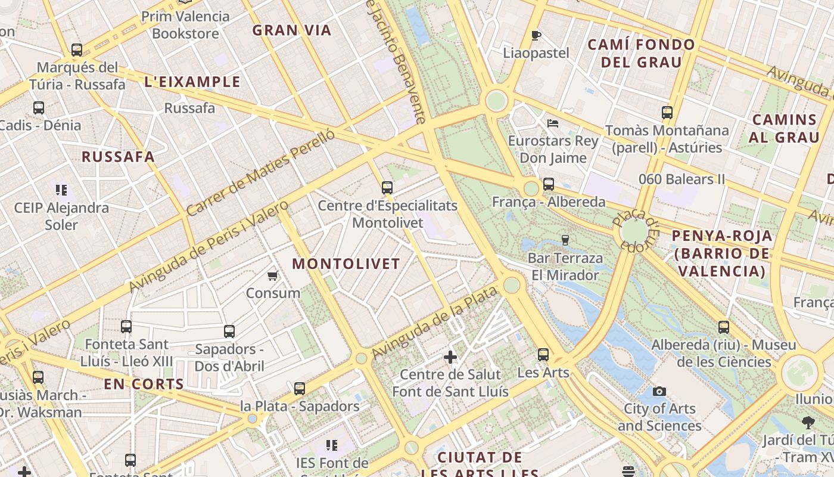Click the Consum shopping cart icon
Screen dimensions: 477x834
tap(272, 275)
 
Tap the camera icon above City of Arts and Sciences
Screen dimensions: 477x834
tap(659, 391)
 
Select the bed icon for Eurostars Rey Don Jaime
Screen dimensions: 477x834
tap(553, 123)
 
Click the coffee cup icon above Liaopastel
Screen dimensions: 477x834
tap(536, 35)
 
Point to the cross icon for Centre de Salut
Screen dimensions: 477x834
tap(450, 357)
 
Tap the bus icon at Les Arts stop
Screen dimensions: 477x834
tap(543, 355)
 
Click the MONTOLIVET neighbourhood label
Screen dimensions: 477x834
tap(346, 264)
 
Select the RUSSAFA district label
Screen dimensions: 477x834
tap(118, 157)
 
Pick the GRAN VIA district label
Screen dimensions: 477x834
tap(291, 30)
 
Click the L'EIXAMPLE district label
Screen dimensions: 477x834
tap(192, 82)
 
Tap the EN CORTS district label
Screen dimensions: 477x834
tap(144, 385)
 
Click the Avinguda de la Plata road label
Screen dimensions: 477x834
tap(434, 323)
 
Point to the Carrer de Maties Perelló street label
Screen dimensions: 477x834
tap(260, 173)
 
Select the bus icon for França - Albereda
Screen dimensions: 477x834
tap(549, 184)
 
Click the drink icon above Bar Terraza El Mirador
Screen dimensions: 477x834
tap(565, 240)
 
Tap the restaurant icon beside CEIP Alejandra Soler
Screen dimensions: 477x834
tap(61, 190)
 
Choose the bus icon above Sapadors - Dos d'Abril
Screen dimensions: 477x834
tap(229, 332)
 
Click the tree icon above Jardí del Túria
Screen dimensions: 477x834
tap(808, 423)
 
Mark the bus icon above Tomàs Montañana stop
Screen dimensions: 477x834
tap(667, 113)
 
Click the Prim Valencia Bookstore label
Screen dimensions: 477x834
tap(185, 25)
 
